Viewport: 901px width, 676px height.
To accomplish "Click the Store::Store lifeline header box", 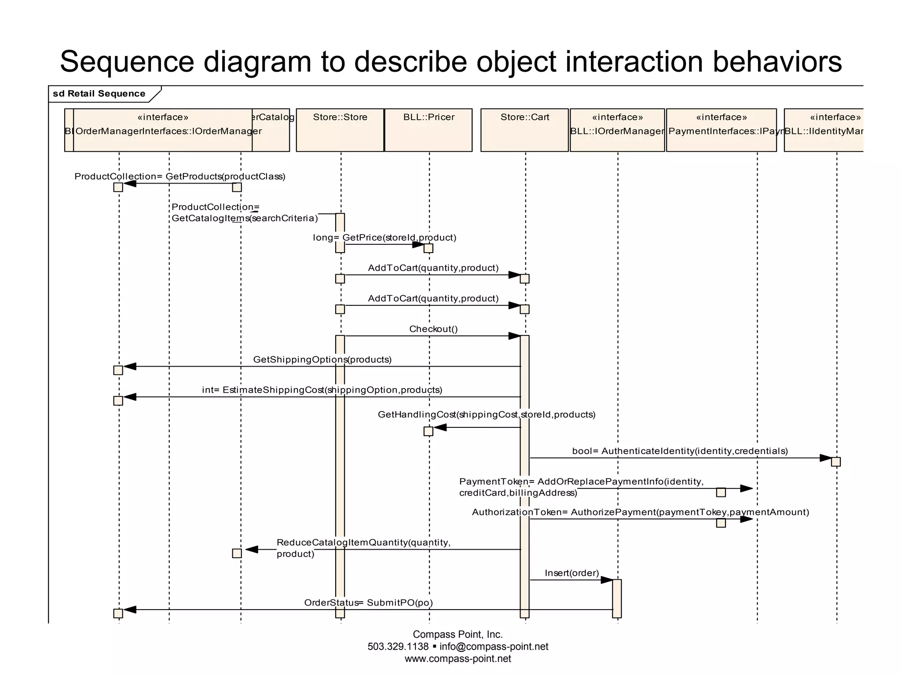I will (340, 130).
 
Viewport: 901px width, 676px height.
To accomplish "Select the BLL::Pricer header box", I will (429, 130).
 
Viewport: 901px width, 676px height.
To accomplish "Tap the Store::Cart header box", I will (524, 130).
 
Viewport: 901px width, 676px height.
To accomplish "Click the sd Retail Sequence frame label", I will (99, 94).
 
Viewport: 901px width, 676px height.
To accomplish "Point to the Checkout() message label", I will (433, 329).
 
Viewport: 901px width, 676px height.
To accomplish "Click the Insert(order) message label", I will (571, 573).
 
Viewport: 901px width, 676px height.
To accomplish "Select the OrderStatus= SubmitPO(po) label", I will (368, 603).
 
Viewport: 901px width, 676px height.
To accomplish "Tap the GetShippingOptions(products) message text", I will (322, 360).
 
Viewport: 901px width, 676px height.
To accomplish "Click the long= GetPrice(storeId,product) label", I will (385, 238).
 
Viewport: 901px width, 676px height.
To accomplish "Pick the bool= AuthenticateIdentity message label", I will (680, 451).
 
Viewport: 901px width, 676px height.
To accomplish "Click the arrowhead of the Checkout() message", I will (514, 336).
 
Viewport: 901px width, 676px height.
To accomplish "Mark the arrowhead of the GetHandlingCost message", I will (440, 427).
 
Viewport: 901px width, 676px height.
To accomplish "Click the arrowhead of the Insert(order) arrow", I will (607, 580).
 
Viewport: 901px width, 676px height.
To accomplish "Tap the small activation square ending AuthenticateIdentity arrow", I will (836, 462).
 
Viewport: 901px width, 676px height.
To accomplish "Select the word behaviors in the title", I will (777, 62).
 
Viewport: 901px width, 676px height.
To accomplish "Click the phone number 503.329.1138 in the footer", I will (398, 647).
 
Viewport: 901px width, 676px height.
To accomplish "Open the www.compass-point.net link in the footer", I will (458, 659).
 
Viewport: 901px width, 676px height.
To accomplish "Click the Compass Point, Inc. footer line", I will (458, 634).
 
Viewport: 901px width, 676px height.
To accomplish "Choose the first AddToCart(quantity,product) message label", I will (433, 268).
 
